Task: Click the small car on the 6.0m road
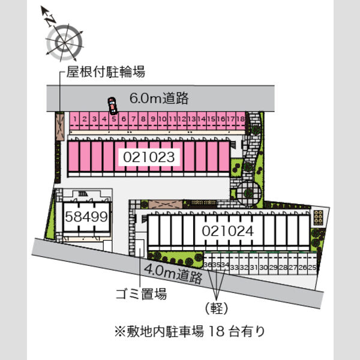point(112,106)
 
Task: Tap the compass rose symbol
point(64,43)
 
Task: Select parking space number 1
point(74,121)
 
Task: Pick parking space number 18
point(241,121)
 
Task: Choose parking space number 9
point(152,121)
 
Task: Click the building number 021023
point(149,157)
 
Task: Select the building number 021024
point(228,231)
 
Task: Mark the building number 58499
point(86,217)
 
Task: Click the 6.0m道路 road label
point(159,98)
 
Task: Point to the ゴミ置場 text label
point(141,294)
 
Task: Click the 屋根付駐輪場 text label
point(106,72)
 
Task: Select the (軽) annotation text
point(217,308)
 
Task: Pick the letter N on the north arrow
point(51,20)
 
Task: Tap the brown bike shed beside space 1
point(60,126)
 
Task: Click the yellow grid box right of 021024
point(319,217)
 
